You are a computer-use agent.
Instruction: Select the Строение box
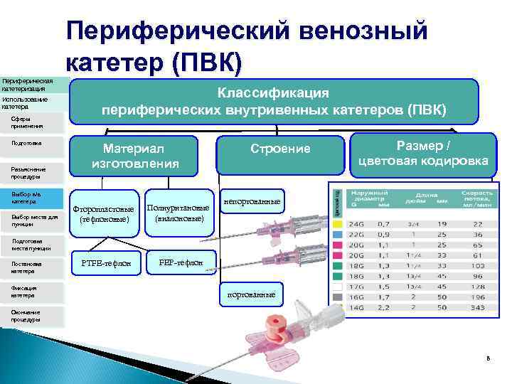coord(280,149)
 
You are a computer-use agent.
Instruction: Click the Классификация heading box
coord(274,101)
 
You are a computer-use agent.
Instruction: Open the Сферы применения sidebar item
coord(33,122)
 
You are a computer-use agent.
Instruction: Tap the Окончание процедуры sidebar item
coord(33,316)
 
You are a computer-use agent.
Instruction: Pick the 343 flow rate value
coord(477,307)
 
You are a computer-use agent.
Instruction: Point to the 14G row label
coord(357,307)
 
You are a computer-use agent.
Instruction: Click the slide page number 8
coord(488,358)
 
